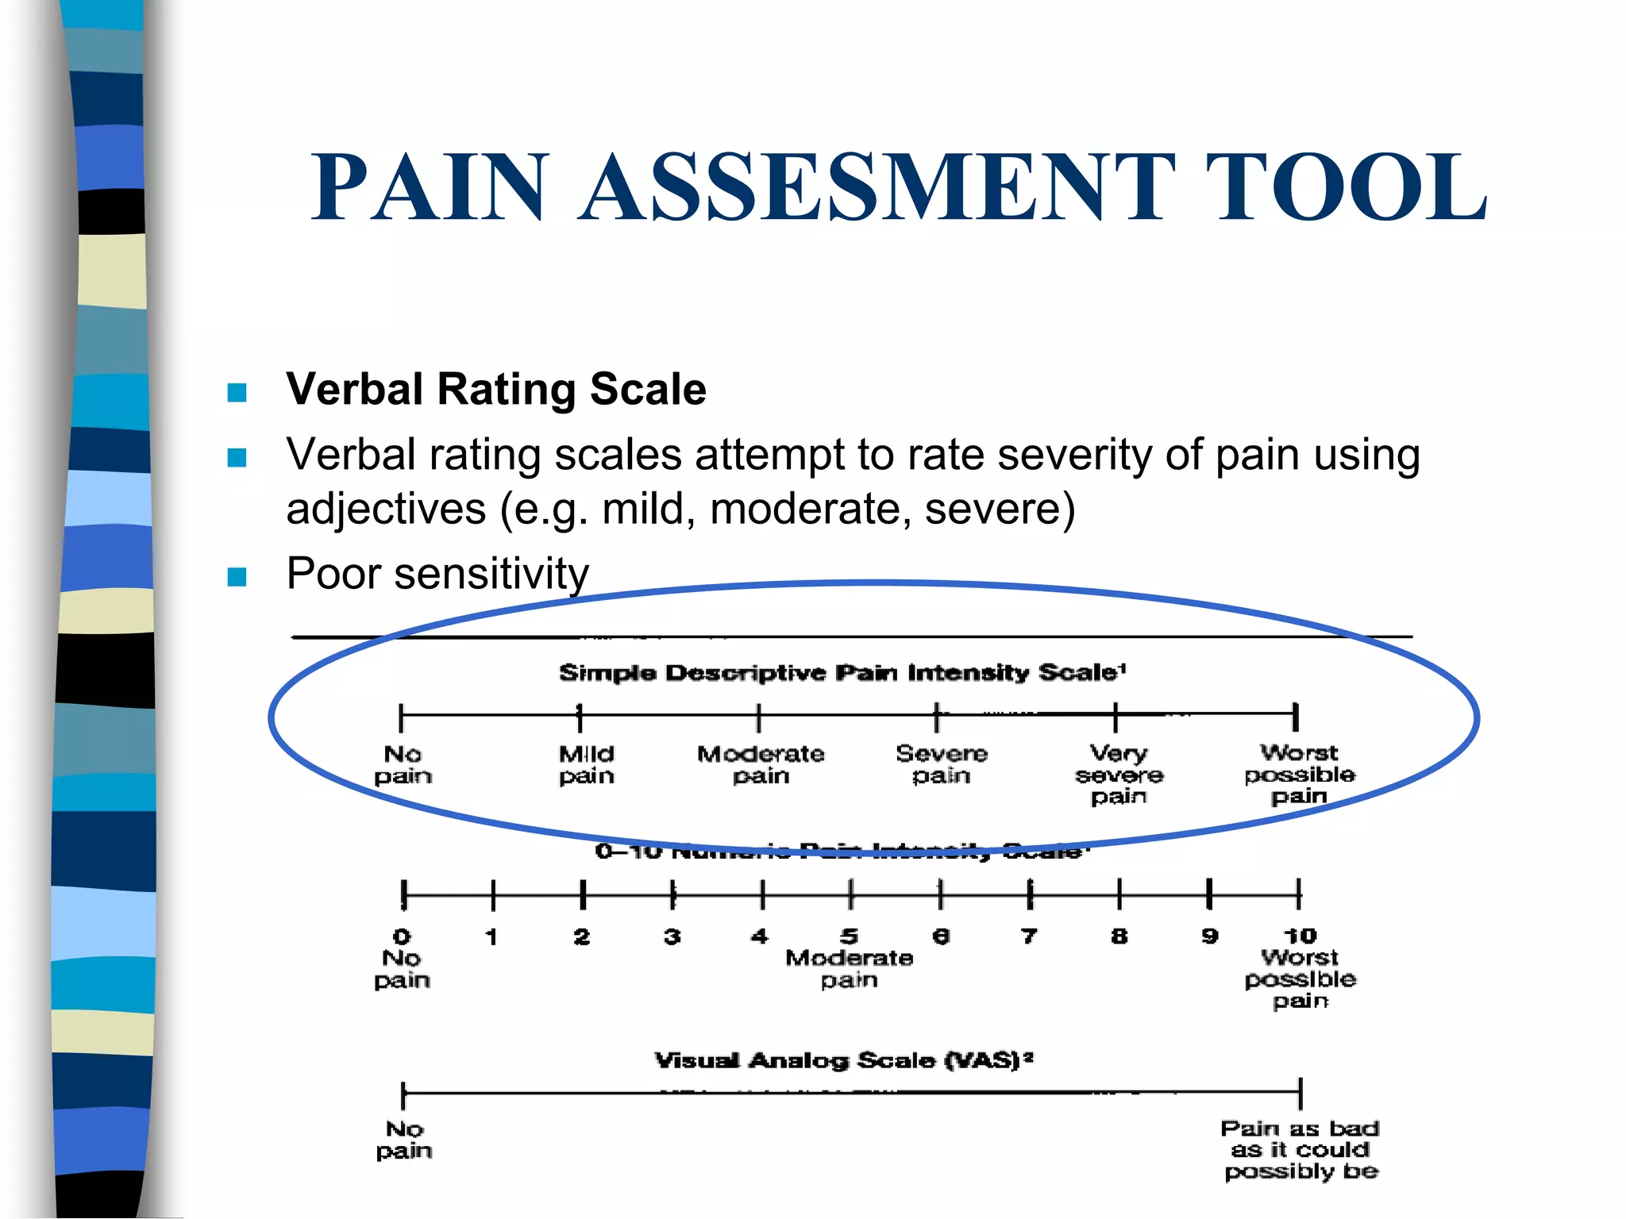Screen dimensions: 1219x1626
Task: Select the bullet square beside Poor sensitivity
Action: pos(237,576)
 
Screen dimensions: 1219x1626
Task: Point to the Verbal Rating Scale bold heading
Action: pos(496,389)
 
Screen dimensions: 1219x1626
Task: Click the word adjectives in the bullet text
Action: pos(386,509)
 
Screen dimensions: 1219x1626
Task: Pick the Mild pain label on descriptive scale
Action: pos(587,764)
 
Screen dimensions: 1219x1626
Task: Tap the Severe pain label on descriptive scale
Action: pos(942,763)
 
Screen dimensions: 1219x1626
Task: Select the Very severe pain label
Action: pos(1119,774)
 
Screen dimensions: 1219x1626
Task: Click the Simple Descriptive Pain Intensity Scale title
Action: pos(842,673)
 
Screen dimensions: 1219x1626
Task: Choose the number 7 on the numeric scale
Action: pos(1029,936)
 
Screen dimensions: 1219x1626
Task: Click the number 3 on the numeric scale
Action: pos(672,936)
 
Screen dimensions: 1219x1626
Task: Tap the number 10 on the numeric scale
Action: pos(1300,936)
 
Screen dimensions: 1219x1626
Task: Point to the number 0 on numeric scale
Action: pos(403,936)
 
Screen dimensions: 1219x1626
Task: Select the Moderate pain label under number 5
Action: pos(849,969)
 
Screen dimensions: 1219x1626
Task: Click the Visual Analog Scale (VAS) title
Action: pos(843,1060)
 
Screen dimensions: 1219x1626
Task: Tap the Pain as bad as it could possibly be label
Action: pos(1300,1150)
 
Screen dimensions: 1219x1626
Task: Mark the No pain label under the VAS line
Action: pos(404,1140)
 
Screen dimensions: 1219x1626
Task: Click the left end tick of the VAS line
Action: pos(403,1094)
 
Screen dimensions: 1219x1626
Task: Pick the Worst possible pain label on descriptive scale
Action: pos(1299,774)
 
